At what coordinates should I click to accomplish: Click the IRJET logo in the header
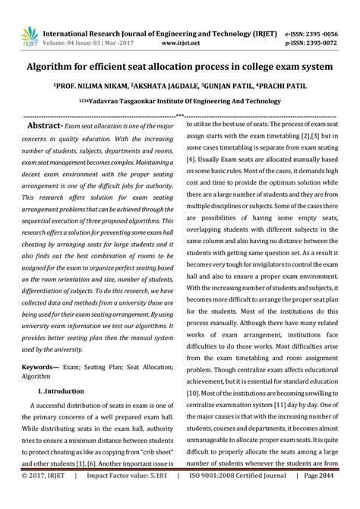[x=21, y=35]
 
